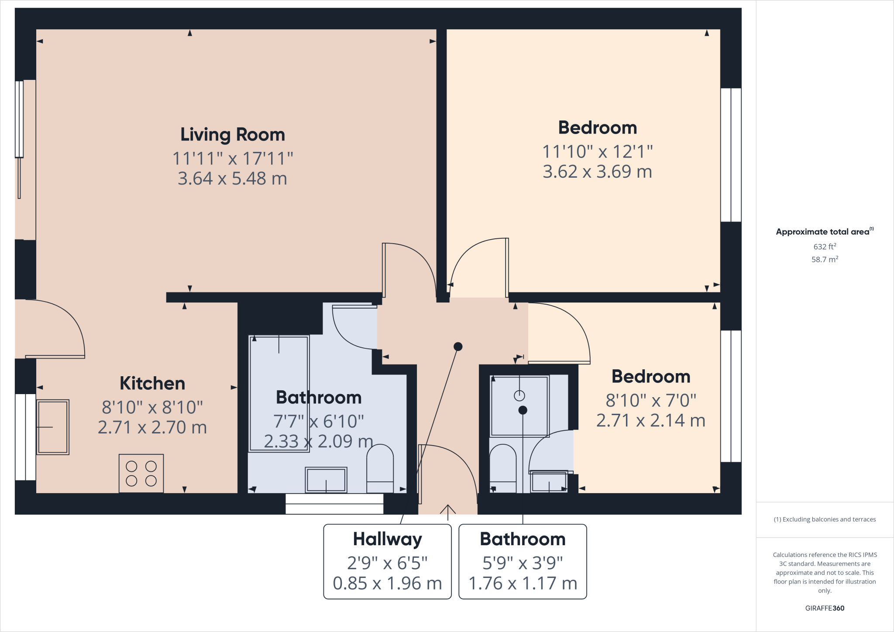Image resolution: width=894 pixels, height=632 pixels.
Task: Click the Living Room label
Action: pyautogui.click(x=233, y=134)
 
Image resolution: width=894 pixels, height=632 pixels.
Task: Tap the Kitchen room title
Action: pyautogui.click(x=152, y=383)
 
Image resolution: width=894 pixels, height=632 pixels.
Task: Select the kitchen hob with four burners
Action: pyautogui.click(x=141, y=473)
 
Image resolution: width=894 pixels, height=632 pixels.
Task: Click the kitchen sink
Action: pyautogui.click(x=53, y=427)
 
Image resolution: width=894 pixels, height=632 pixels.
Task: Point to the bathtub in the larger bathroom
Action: pyautogui.click(x=279, y=393)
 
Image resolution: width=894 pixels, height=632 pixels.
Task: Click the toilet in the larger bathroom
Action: pyautogui.click(x=380, y=469)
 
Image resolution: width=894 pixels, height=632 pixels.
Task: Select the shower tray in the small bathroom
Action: pyautogui.click(x=519, y=405)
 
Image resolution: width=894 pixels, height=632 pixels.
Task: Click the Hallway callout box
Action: pyautogui.click(x=387, y=561)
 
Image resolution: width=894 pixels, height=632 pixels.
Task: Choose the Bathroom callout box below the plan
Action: pyautogui.click(x=523, y=561)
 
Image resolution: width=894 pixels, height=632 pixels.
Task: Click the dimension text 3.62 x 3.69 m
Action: pyautogui.click(x=597, y=172)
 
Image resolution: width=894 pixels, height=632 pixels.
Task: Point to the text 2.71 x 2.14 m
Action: pyautogui.click(x=650, y=420)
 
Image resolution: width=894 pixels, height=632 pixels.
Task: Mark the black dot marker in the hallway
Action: pyautogui.click(x=458, y=347)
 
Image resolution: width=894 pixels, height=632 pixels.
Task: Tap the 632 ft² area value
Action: pyautogui.click(x=825, y=247)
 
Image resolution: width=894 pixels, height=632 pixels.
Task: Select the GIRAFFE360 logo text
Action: pyautogui.click(x=825, y=608)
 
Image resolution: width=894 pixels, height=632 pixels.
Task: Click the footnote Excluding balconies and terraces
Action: pyautogui.click(x=825, y=519)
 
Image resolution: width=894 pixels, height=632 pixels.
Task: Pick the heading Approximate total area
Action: pyautogui.click(x=823, y=232)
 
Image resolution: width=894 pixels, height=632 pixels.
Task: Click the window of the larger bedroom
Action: pyautogui.click(x=731, y=155)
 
